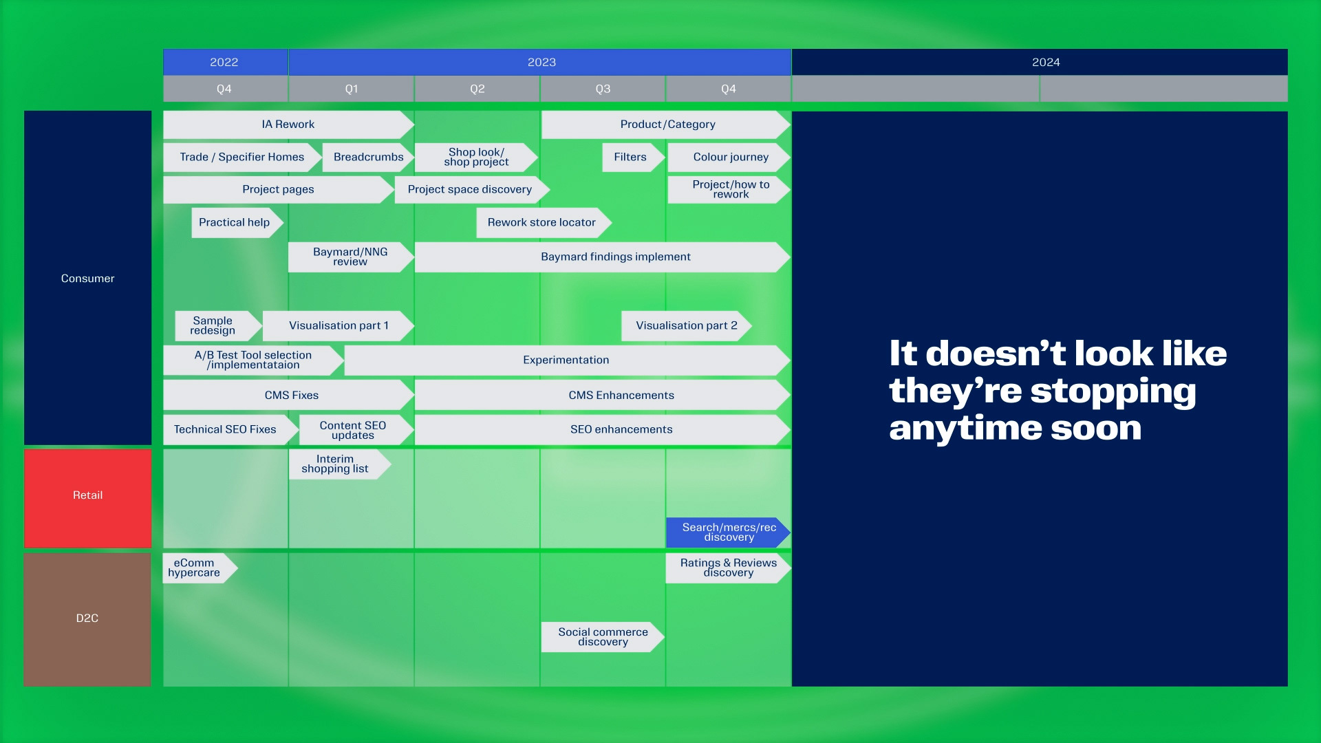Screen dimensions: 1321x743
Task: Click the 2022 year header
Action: [225, 62]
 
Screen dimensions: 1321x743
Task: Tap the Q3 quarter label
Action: [603, 89]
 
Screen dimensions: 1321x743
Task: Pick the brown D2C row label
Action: [87, 619]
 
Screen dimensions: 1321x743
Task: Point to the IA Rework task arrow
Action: [288, 125]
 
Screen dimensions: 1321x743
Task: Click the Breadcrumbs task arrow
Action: [368, 157]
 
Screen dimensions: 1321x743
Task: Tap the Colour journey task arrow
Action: [729, 157]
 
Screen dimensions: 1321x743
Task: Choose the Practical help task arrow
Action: [237, 223]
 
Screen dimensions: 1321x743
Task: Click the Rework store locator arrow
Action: [544, 223]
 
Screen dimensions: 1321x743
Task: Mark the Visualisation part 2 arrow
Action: [686, 326]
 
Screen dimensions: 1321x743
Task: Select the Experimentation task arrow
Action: [567, 360]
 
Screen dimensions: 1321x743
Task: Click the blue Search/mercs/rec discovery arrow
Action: [728, 532]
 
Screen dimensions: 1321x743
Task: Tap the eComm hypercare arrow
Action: [200, 568]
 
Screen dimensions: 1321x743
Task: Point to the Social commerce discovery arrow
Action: [603, 637]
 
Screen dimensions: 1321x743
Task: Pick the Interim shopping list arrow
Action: [340, 464]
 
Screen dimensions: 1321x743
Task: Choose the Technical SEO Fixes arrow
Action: [230, 429]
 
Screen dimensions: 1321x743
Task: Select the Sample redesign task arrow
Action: [218, 326]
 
